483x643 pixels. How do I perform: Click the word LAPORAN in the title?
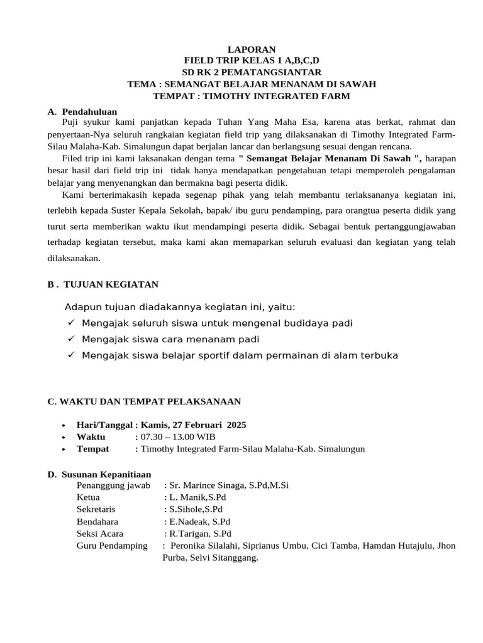pos(251,48)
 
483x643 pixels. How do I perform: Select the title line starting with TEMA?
pos(252,84)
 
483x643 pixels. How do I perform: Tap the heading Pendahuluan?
pos(89,111)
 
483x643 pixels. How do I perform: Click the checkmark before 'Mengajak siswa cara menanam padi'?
pos(70,339)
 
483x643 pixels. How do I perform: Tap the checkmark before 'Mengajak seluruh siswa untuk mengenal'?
pos(70,323)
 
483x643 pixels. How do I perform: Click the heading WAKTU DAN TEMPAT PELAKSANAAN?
pos(144,401)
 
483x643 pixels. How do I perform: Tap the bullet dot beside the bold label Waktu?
pos(65,438)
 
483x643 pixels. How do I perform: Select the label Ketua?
pos(88,497)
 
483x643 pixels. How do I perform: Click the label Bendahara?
pos(97,521)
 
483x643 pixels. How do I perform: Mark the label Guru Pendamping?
pos(112,546)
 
